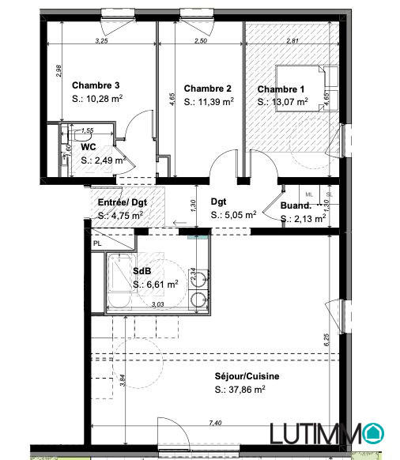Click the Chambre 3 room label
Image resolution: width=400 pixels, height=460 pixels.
click(x=96, y=85)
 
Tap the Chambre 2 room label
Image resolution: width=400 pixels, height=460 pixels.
click(x=207, y=88)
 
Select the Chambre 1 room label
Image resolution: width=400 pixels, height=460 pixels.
click(x=281, y=88)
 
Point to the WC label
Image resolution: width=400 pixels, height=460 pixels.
click(x=89, y=146)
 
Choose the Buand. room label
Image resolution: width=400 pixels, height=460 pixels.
click(x=295, y=207)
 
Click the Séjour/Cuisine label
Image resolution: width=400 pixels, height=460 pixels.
click(x=246, y=376)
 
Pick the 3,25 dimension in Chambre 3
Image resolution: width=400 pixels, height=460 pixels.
click(x=101, y=40)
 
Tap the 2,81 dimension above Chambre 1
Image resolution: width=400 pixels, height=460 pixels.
click(x=292, y=40)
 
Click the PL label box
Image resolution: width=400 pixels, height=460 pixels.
click(x=97, y=243)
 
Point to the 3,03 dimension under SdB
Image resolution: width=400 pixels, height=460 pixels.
click(x=157, y=304)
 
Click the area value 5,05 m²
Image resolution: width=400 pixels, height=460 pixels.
click(x=233, y=214)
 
